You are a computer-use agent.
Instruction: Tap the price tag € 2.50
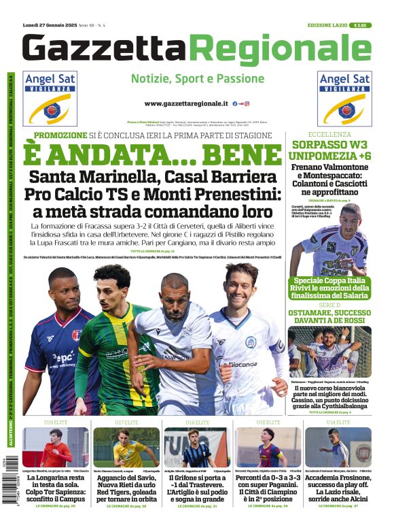pos(360,25)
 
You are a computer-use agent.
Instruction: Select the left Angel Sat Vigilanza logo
pos(50,98)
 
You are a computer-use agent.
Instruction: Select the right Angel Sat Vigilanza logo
pos(344,98)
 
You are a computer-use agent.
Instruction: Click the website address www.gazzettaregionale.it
pos(186,103)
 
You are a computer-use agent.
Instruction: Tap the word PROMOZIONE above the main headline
pos(60,135)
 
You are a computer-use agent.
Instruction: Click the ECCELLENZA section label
pos(329,135)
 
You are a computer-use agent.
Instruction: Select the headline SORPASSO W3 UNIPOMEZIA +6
pos(330,150)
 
